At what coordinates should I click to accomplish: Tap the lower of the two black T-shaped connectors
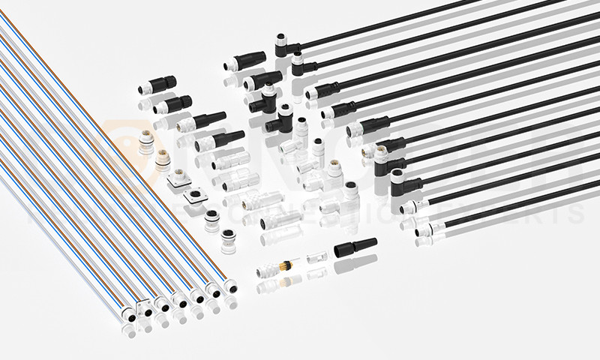[x=284, y=115]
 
